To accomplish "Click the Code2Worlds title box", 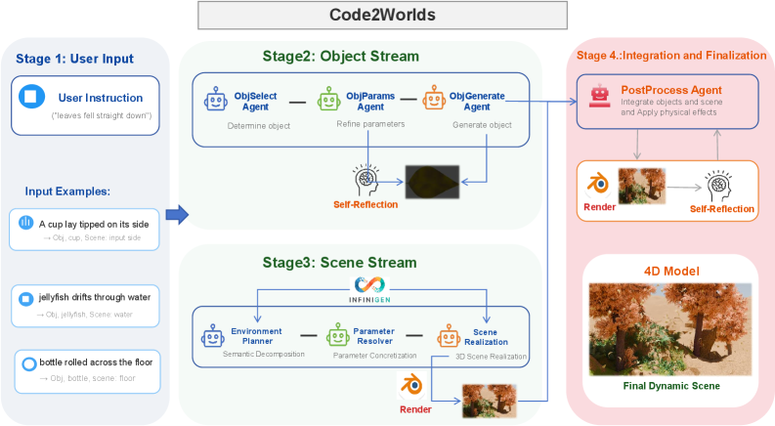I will pyautogui.click(x=382, y=17).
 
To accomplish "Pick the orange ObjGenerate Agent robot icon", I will pyautogui.click(x=433, y=100).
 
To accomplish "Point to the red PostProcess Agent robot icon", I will pyautogui.click(x=600, y=95).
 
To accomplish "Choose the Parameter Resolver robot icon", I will pyautogui.click(x=337, y=337).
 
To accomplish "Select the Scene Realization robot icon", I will pyautogui.click(x=448, y=337).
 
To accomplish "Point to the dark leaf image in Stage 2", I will pyautogui.click(x=435, y=182).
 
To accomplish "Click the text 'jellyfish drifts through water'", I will pyautogui.click(x=95, y=295).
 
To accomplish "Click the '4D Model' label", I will pyautogui.click(x=669, y=270).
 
